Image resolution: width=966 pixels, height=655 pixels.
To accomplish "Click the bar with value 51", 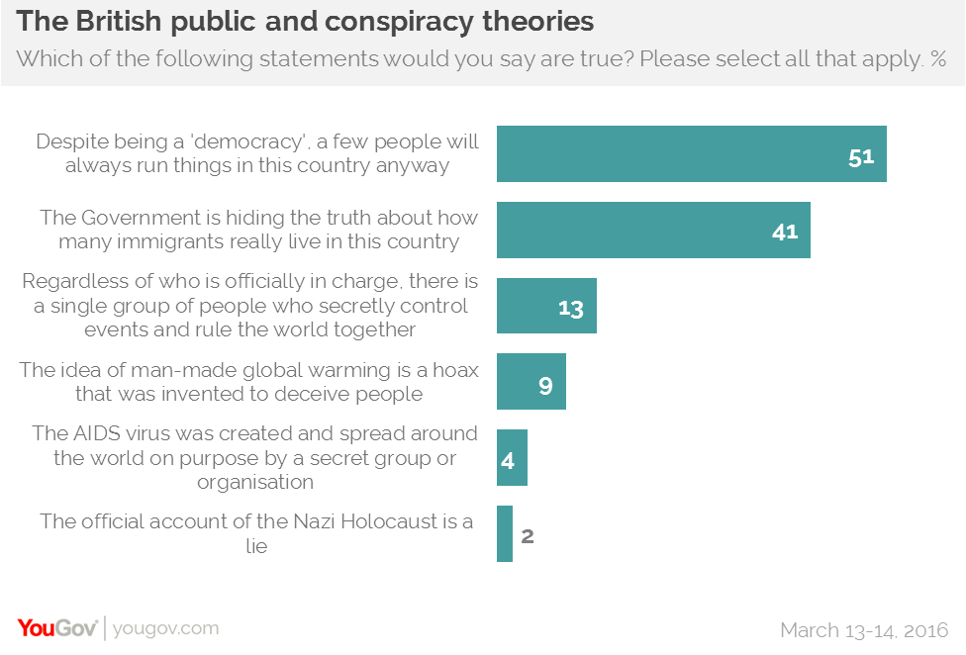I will [691, 154].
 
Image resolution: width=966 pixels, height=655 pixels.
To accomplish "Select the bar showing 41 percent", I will [653, 231].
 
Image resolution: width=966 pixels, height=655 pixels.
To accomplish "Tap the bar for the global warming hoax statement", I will [531, 382].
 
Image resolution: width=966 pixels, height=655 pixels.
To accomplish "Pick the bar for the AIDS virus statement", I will [512, 458].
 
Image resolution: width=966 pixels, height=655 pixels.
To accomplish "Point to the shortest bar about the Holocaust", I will [505, 534].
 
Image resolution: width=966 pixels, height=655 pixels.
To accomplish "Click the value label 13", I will [571, 308].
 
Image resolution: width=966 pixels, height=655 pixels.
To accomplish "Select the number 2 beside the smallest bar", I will [528, 536].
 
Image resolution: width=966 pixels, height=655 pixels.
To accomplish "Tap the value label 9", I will [545, 384].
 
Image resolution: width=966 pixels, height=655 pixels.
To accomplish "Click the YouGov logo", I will [56, 627].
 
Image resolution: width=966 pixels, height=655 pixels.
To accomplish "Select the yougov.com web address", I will [165, 628].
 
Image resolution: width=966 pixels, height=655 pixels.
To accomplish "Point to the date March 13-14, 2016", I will [864, 629].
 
